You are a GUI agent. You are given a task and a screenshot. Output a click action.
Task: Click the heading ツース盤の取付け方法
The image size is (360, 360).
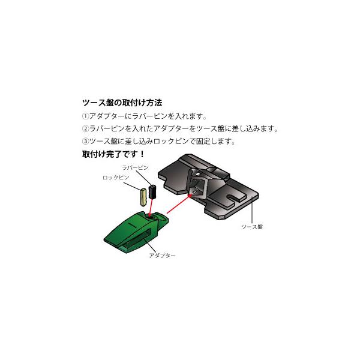point(122,103)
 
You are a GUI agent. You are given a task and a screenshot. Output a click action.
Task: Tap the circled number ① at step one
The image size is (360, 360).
point(85,116)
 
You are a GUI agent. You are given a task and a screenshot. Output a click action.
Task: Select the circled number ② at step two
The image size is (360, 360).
point(85,129)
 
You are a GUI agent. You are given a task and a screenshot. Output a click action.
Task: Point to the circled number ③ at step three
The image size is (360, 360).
point(85,142)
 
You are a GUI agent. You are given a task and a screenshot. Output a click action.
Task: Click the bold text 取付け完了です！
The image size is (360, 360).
point(113,155)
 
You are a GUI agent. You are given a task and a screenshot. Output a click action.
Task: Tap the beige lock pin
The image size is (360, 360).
point(143,198)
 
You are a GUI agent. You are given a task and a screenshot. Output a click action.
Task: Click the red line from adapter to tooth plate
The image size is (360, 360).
point(178,202)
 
